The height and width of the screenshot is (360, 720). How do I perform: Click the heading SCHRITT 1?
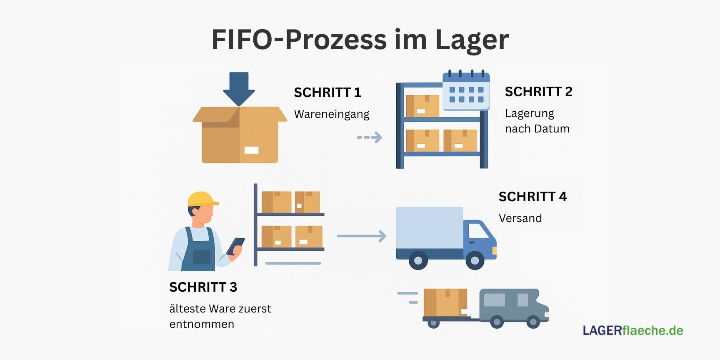point(327,92)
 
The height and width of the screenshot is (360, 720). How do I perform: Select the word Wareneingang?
point(332,114)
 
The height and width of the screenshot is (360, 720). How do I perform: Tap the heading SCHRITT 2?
point(538,92)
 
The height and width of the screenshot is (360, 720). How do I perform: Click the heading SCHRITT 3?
point(203,287)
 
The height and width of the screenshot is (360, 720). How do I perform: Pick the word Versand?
point(520,218)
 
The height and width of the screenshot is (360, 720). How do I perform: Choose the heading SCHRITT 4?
point(532,197)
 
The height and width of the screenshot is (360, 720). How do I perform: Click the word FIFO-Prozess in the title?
point(299,40)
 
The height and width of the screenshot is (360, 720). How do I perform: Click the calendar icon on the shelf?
point(466,91)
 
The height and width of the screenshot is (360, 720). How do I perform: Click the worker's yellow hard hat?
point(202,199)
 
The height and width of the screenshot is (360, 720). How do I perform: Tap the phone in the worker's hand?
point(235,246)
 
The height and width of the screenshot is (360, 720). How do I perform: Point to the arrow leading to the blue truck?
point(361,236)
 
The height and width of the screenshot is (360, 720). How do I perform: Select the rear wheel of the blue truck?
point(418,260)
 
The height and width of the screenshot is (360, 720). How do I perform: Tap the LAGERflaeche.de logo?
point(632,331)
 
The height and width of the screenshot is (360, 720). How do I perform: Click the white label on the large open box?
point(251,150)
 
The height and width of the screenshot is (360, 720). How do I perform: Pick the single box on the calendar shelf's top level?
point(422,106)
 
